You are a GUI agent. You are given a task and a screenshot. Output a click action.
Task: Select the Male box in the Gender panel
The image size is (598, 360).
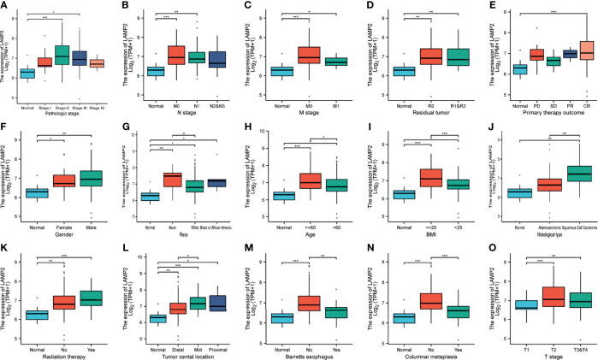pos(92,178)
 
